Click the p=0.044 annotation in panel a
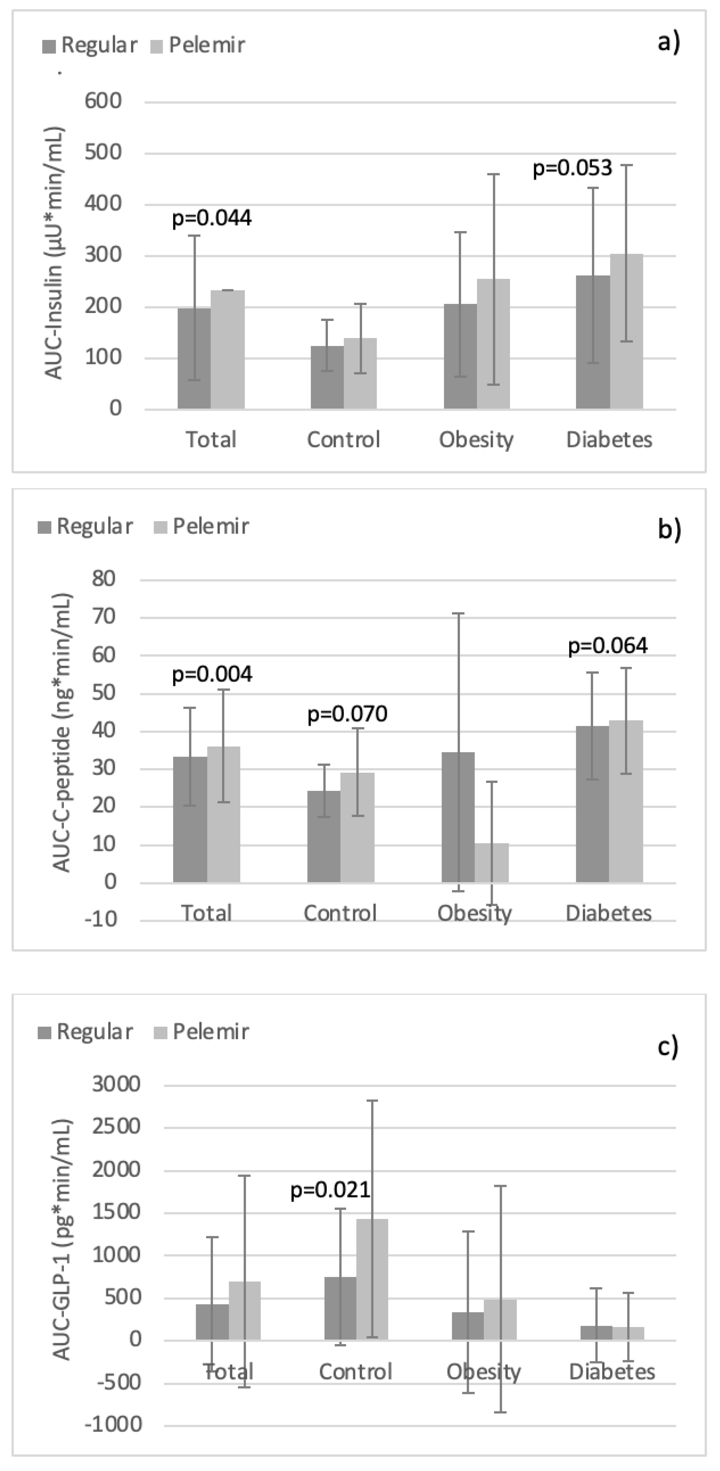click(211, 218)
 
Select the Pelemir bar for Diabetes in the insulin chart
click(626, 331)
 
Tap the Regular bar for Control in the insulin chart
click(327, 377)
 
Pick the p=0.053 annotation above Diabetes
click(572, 169)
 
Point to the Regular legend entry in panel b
click(86, 526)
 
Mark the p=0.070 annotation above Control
click(347, 714)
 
